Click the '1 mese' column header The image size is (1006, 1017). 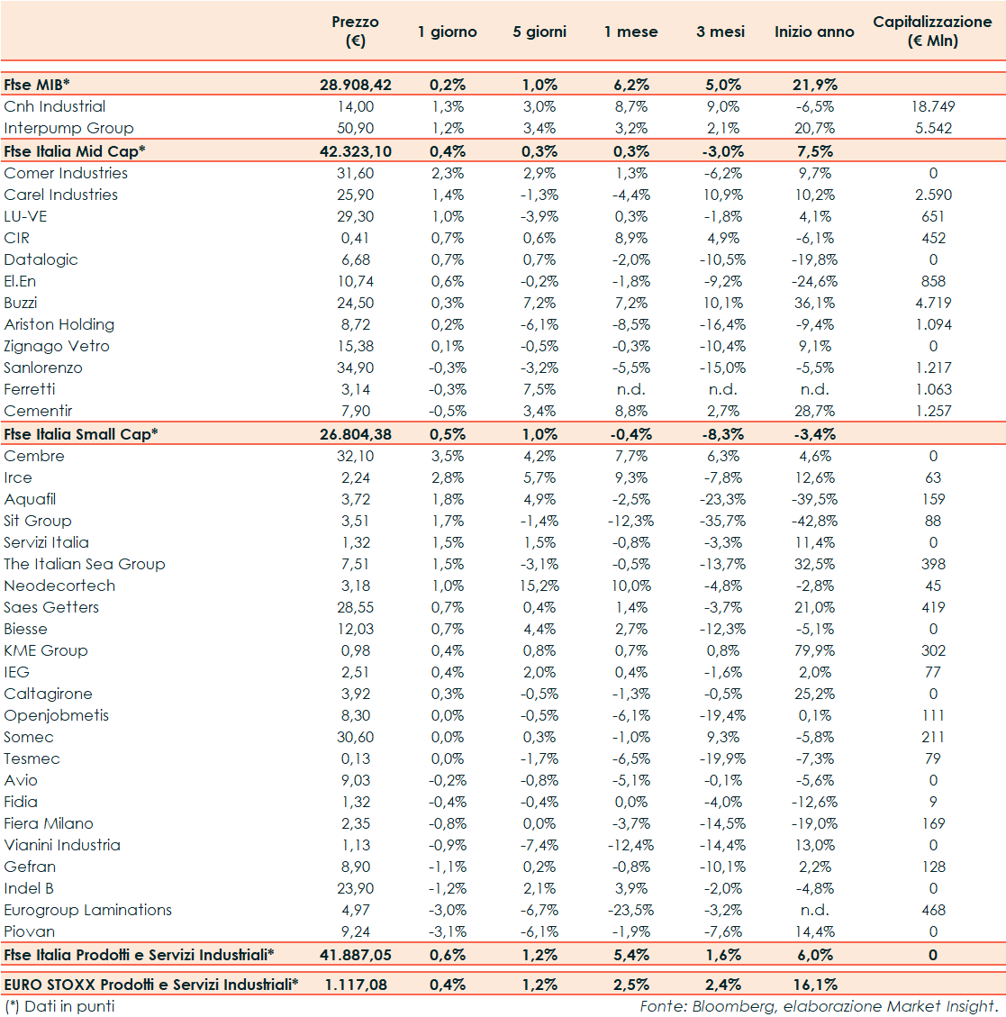point(630,32)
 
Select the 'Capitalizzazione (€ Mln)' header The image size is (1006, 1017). point(932,32)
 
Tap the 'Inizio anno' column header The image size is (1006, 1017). point(814,32)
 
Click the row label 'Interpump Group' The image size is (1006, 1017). point(68,128)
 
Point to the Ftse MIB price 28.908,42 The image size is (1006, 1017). point(356,85)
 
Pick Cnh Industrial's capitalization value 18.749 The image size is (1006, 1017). point(933,106)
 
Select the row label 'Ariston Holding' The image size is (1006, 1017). point(59,324)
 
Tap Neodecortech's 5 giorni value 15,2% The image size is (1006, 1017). point(540,586)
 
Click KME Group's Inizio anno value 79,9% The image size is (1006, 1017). point(815,650)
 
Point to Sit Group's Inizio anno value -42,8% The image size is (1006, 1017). point(814,521)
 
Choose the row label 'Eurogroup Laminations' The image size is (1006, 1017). point(87,910)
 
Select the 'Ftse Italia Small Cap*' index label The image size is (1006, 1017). point(81,434)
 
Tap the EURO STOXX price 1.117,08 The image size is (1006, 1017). point(356,985)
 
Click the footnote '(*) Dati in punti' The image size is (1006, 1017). point(59,1006)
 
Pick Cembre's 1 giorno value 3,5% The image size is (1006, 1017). point(448,456)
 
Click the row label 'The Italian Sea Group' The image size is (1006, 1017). point(85,564)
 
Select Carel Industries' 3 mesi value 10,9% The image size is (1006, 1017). point(721,195)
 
